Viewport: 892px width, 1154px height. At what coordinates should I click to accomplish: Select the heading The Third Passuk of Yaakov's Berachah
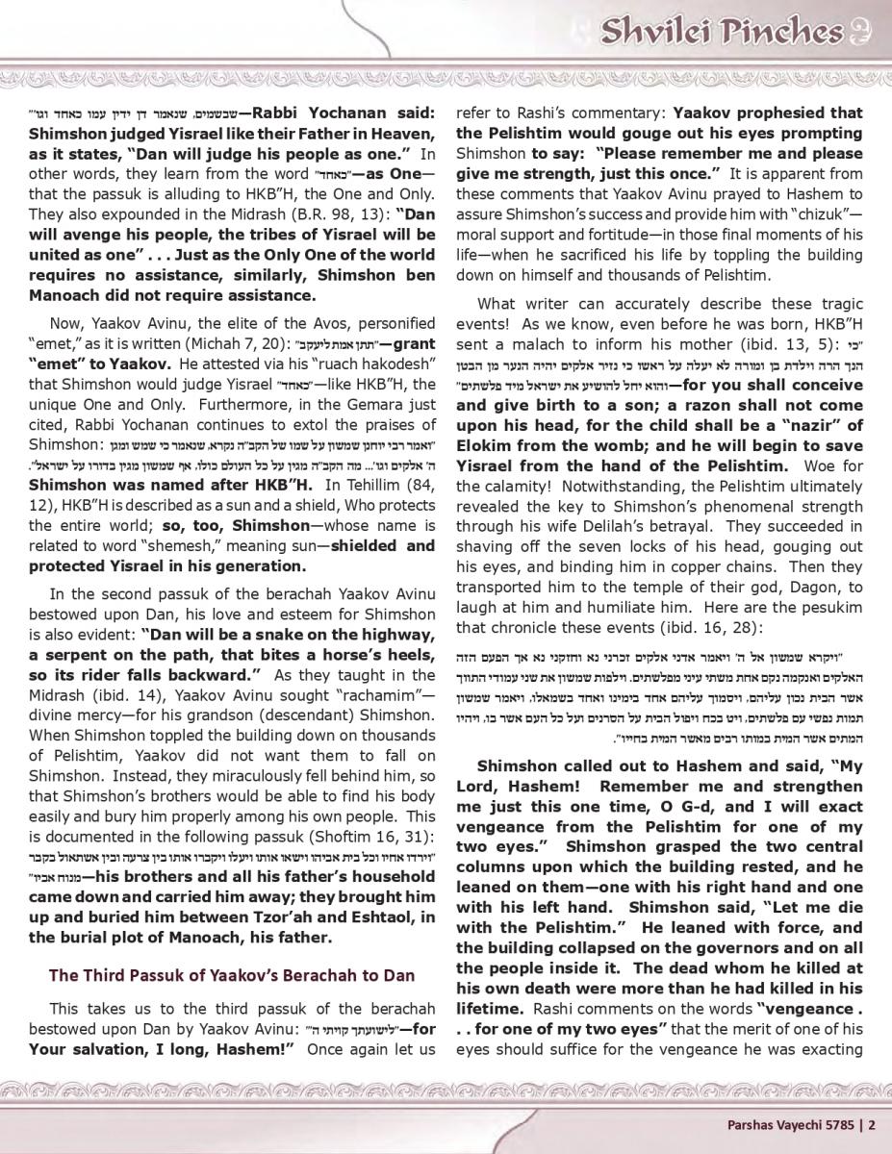click(x=231, y=974)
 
